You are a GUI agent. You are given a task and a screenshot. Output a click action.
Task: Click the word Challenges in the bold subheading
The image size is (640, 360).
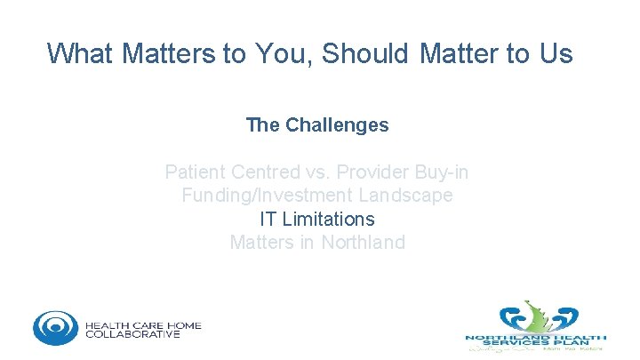pos(337,125)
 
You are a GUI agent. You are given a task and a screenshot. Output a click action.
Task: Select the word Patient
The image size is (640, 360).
pos(196,172)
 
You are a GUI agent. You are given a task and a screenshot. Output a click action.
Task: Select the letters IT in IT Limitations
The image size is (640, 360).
pos(268,219)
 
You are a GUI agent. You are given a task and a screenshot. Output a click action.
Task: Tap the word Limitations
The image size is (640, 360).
pos(329,219)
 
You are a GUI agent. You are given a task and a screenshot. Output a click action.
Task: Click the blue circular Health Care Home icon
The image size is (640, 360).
pos(55,328)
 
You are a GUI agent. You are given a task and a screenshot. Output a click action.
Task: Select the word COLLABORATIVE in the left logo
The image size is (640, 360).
pos(132,335)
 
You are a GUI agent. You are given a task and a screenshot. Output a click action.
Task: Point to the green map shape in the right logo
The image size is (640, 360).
pos(534,315)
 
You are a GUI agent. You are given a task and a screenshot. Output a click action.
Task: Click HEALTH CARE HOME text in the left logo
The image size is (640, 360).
pos(143,325)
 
